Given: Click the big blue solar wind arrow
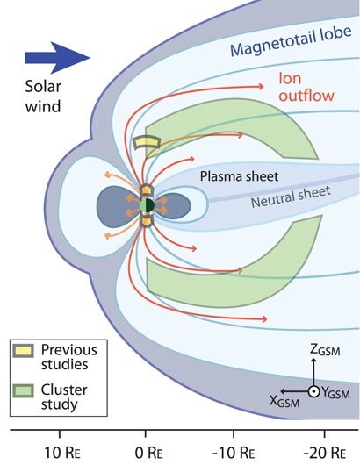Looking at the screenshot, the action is pos(57,58).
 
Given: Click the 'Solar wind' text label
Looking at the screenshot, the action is pos(43,97).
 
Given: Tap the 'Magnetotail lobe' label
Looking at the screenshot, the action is pos(291,41).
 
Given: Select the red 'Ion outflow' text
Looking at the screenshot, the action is pos(306,87).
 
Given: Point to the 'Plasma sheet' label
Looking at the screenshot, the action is pos(239,176).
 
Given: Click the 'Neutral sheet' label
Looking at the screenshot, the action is pos(291,197).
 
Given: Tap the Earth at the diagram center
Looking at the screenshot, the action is pos(147,205).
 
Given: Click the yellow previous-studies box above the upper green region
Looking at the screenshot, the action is pos(147,143).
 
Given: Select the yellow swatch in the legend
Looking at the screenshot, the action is pos(23,351).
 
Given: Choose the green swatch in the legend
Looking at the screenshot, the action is pos(23,390).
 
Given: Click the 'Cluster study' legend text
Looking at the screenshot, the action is pos(64,397).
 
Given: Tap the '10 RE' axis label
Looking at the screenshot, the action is pos(62,453).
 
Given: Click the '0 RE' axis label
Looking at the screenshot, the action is pos(148,453).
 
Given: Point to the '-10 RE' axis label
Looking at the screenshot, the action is pos(234,453).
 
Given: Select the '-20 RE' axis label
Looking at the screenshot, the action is pos(325,453).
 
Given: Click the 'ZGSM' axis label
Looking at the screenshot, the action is pos(325,350).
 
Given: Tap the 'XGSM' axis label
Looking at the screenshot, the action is pos(284,401).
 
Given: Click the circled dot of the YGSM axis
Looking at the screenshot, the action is pos(313,392).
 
